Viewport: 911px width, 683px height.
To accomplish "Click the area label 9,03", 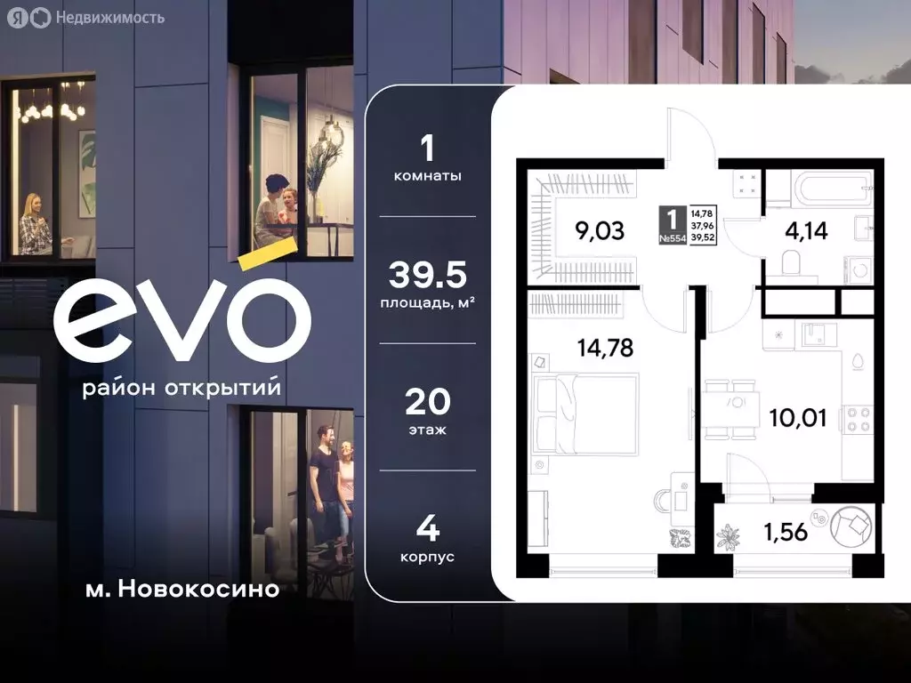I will point(600,232).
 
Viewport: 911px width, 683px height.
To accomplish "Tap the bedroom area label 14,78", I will point(605,348).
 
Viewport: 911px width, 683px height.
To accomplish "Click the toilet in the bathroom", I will point(787,261).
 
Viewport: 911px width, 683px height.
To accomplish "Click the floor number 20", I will point(428,403).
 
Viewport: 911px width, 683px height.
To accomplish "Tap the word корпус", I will point(428,556).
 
